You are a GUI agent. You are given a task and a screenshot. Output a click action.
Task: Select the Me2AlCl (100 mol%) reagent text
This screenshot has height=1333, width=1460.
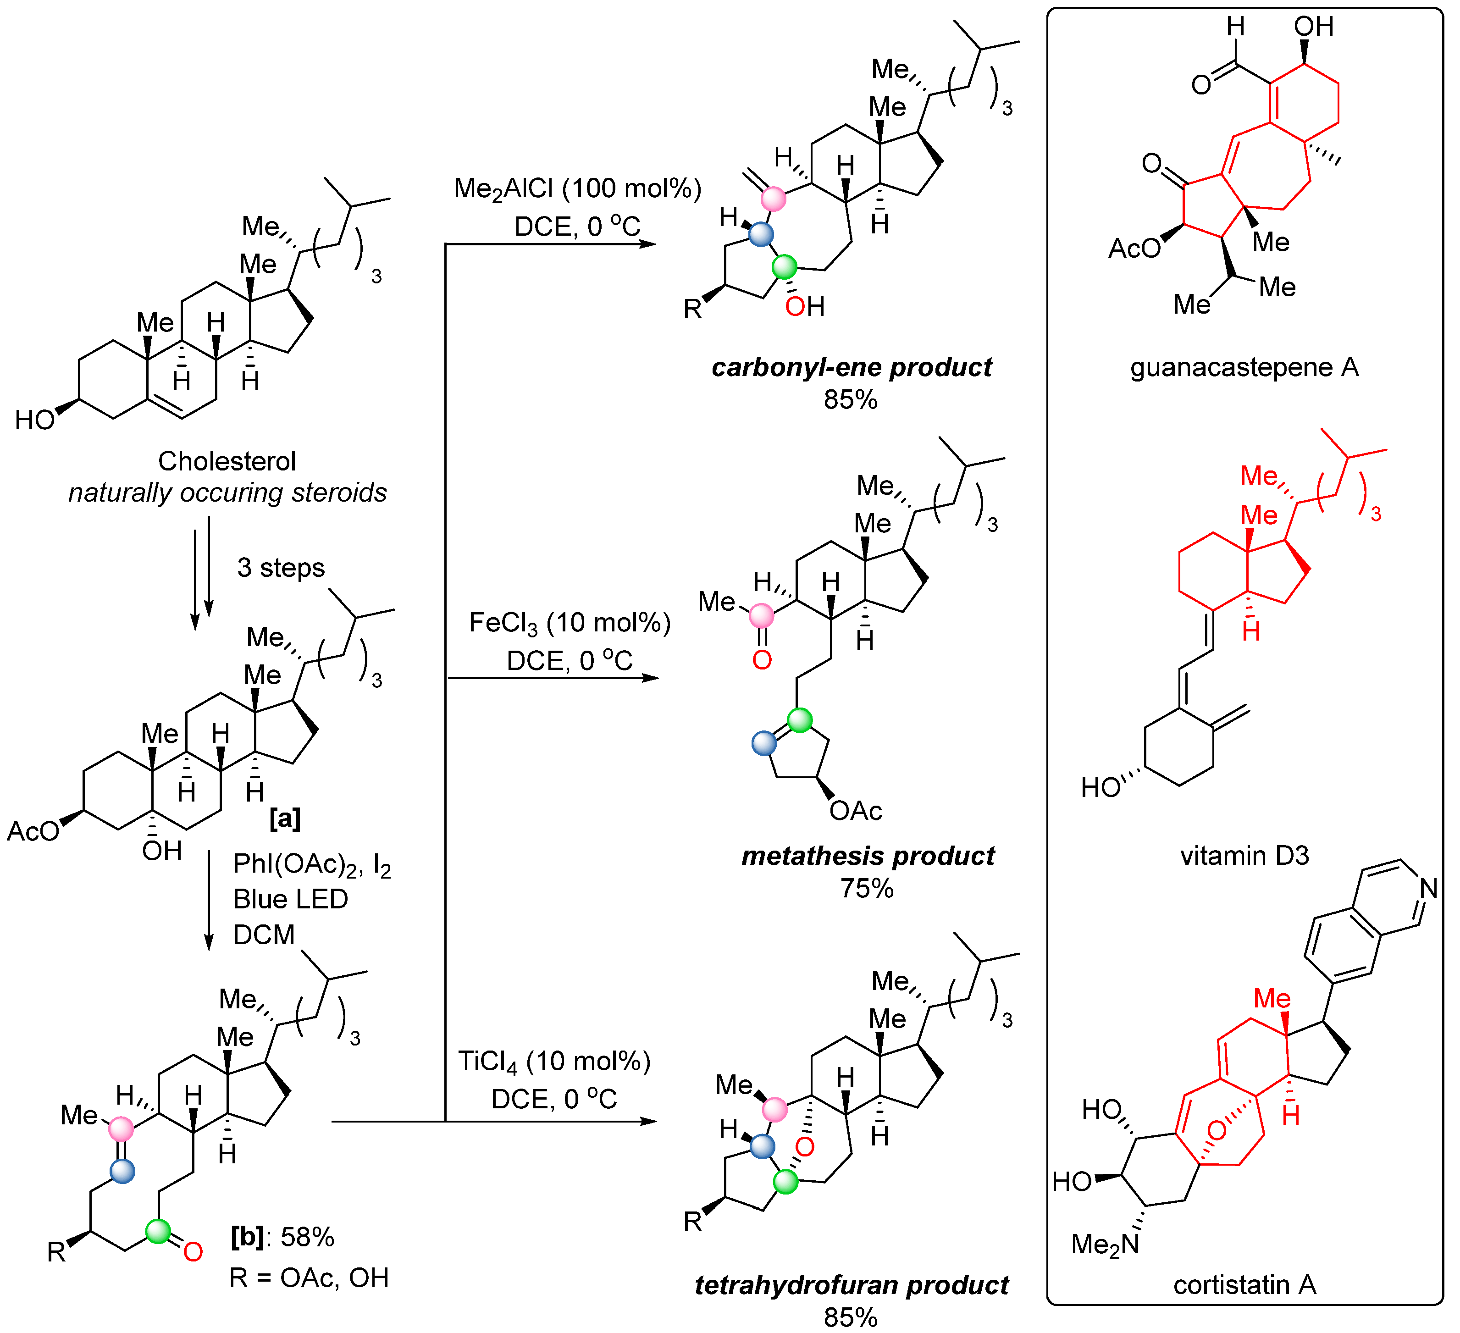pos(577,188)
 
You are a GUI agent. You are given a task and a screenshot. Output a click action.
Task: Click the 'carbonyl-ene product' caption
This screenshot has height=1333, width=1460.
pos(852,367)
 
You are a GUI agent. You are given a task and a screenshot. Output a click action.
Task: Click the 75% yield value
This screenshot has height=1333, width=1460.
pos(867,888)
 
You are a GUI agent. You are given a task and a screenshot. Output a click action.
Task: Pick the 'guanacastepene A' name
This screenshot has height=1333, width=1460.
pos(1244,367)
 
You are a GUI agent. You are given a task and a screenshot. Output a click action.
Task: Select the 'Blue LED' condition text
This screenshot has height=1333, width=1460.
pos(290,899)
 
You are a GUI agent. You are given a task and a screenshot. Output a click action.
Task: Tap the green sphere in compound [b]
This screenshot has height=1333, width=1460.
pos(158,1231)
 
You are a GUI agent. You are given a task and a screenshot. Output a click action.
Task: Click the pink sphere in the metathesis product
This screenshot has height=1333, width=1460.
pos(761,616)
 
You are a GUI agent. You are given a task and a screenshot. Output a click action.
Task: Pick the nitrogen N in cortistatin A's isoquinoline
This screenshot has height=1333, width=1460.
pos(1429,888)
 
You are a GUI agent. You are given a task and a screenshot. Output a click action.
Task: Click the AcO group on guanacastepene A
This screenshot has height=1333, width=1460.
pos(1134,249)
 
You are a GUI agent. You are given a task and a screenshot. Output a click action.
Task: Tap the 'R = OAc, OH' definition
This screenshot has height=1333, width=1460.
pos(309,1278)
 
